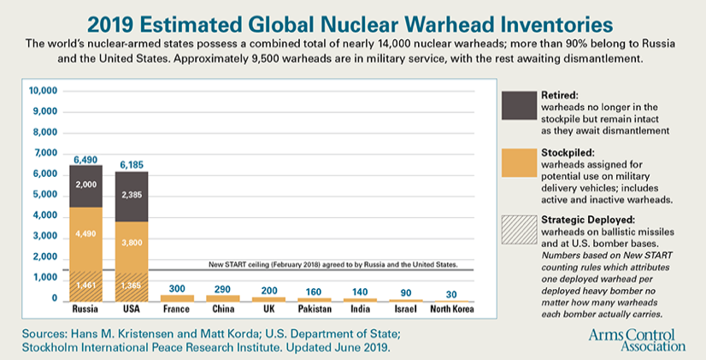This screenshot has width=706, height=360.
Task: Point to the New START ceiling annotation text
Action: [x=334, y=264]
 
